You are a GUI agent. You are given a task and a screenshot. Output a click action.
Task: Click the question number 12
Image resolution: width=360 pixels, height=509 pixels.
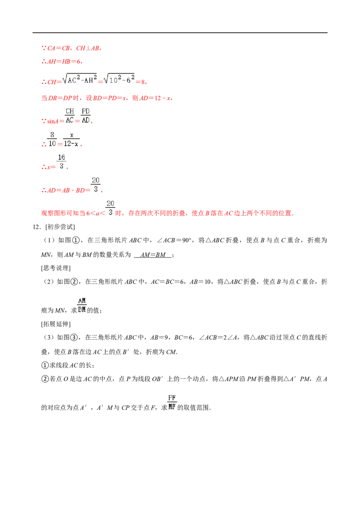[36, 227]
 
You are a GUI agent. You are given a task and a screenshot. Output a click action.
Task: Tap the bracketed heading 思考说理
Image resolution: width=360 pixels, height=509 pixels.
[56, 268]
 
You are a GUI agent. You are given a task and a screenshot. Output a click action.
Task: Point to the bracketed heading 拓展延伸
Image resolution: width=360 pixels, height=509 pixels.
[56, 324]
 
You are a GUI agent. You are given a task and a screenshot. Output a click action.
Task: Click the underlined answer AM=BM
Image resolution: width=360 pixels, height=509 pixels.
[153, 255]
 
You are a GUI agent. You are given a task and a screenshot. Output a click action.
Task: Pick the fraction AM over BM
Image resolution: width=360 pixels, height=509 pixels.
[82, 305]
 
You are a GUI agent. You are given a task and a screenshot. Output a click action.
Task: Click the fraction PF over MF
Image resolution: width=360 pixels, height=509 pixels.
[172, 402]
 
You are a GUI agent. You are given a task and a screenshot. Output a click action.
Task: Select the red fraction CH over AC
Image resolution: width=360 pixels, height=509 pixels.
[70, 116]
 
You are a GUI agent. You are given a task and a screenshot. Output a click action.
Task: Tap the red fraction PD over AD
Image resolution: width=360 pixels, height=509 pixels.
[85, 116]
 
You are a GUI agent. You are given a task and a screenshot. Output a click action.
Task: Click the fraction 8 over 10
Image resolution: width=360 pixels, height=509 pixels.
[52, 139]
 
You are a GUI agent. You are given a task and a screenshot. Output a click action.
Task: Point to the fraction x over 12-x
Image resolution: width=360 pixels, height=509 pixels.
[71, 139]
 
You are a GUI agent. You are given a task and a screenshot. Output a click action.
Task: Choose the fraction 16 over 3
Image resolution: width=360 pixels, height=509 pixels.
[61, 162]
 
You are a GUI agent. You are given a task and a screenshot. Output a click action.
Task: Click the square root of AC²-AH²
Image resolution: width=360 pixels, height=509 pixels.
[80, 79]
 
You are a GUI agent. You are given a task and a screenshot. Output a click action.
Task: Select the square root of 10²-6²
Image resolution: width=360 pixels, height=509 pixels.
[119, 79]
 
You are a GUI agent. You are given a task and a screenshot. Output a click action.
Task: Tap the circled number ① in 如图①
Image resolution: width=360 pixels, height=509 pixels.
[76, 240]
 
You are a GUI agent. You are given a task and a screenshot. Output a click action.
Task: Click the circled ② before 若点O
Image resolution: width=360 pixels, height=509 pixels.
[45, 379]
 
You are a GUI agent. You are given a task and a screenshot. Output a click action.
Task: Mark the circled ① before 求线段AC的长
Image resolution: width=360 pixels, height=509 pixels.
[45, 365]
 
